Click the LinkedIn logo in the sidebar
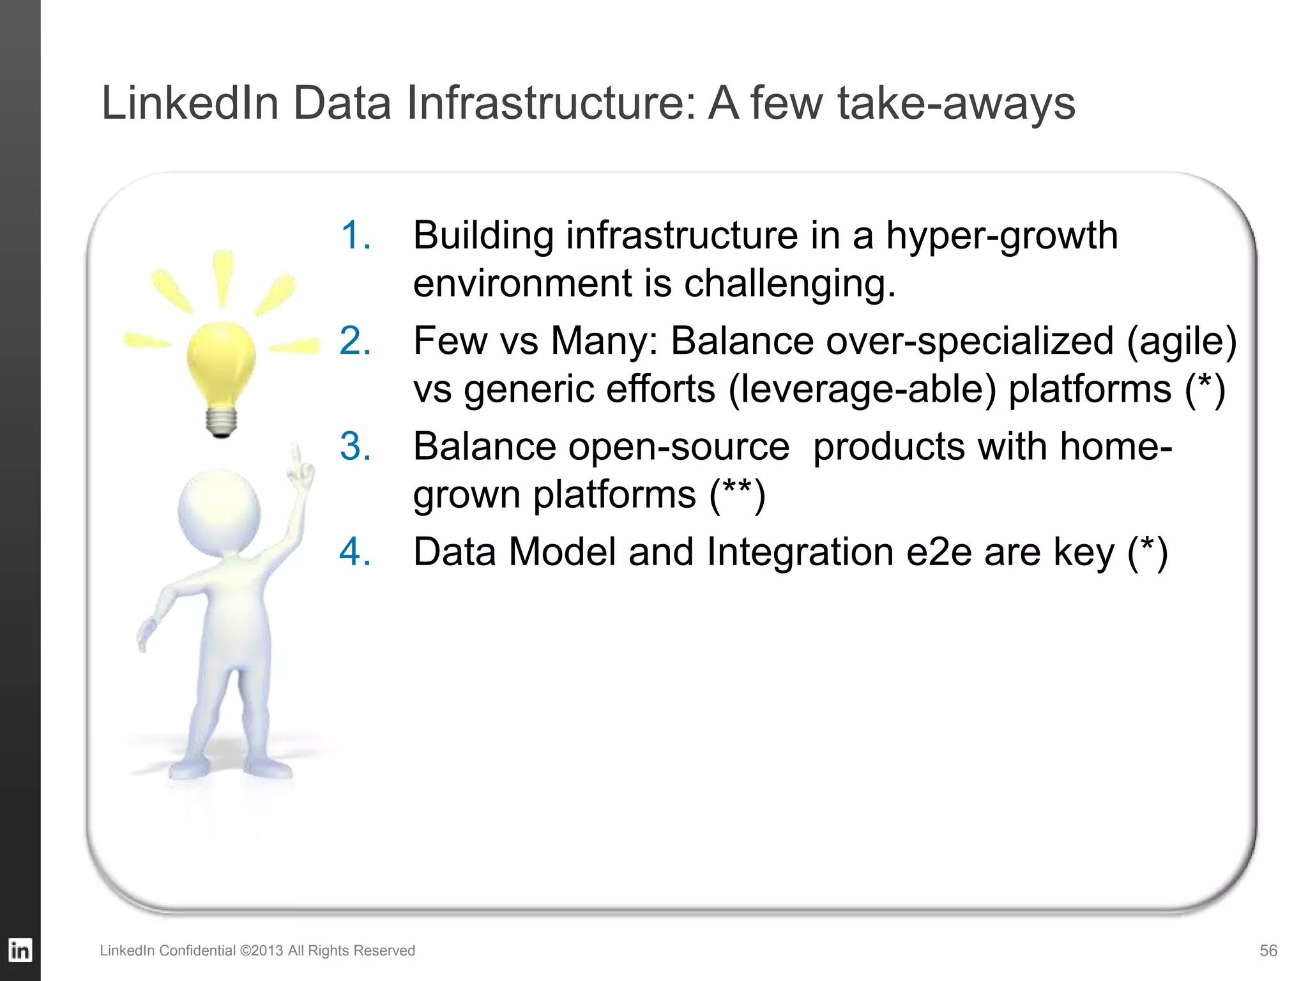click(20, 950)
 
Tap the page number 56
click(1268, 950)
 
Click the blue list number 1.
click(356, 235)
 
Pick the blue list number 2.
click(356, 340)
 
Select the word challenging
click(790, 284)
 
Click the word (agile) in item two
click(1181, 342)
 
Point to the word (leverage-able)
click(862, 390)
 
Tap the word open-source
click(678, 447)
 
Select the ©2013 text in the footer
click(261, 950)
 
